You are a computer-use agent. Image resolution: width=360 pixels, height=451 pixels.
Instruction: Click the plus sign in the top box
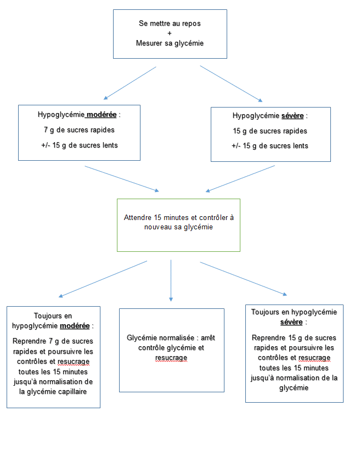click(170, 33)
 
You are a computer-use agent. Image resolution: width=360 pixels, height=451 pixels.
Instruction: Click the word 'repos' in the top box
click(192, 24)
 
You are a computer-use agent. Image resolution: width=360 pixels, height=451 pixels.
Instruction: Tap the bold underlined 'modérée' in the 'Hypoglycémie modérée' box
click(102, 115)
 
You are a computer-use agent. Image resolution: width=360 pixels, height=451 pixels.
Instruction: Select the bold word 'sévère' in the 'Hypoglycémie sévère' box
click(292, 116)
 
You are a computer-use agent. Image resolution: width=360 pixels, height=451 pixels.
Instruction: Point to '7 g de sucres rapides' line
click(79, 130)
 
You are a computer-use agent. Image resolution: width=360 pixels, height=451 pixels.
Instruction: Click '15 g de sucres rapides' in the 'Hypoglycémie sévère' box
click(270, 131)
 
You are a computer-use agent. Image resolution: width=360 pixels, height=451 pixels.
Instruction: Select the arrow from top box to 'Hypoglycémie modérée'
click(130, 83)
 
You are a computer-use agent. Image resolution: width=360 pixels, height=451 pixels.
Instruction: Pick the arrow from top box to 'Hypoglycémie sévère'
click(232, 84)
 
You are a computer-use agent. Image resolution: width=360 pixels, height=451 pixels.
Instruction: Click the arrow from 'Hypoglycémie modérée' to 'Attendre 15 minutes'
click(122, 179)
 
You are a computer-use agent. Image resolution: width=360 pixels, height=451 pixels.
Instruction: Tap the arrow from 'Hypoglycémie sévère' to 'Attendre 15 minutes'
click(240, 179)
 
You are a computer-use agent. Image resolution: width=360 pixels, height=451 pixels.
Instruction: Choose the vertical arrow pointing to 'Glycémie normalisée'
click(171, 280)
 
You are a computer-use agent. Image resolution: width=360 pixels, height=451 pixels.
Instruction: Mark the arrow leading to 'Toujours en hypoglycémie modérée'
click(103, 279)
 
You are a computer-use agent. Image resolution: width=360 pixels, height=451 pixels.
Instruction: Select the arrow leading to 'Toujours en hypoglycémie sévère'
click(244, 279)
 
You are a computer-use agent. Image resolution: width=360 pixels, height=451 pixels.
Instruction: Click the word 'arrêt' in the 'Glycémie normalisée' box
click(208, 337)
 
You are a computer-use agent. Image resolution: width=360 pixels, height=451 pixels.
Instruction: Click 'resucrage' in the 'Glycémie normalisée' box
click(171, 358)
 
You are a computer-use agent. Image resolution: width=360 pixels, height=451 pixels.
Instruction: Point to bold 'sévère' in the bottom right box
click(291, 322)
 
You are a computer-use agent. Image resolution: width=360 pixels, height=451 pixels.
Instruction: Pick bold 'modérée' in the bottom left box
click(75, 326)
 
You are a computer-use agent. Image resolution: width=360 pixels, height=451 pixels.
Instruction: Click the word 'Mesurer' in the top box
click(149, 43)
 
